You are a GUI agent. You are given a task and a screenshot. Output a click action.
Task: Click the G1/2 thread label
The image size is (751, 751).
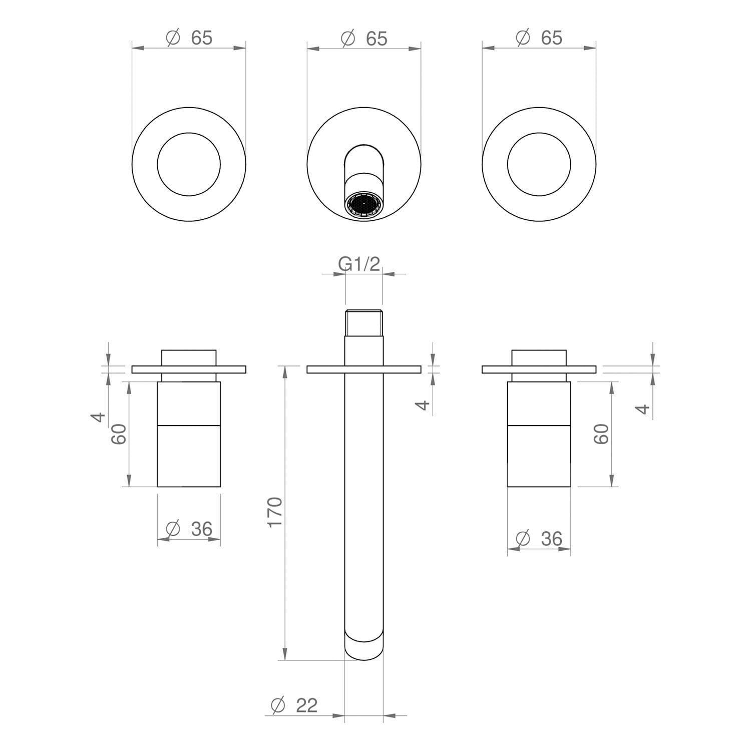click(x=359, y=264)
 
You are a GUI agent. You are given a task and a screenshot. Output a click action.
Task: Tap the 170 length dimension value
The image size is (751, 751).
click(x=275, y=512)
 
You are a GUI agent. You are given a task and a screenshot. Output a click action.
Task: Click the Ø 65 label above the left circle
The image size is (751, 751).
click(x=189, y=38)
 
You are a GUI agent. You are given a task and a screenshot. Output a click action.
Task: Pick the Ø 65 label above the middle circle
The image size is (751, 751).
click(x=364, y=39)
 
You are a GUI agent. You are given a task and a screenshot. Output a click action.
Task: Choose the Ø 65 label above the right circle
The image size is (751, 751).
click(x=539, y=38)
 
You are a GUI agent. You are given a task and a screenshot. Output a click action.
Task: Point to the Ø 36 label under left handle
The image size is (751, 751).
click(x=189, y=529)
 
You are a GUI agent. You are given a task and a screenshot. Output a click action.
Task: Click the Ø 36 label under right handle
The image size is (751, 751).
click(x=539, y=539)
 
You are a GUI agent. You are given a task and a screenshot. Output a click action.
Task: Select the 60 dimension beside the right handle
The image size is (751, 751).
click(x=601, y=434)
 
